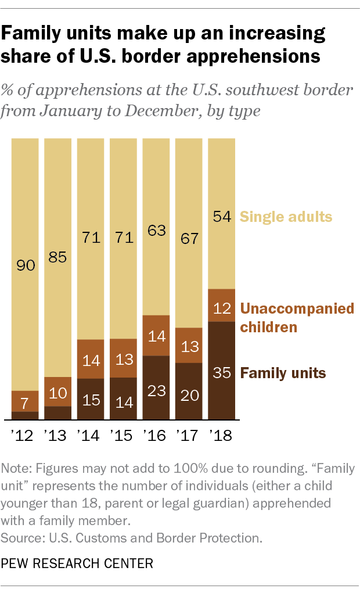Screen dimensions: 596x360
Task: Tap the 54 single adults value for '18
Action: point(221,217)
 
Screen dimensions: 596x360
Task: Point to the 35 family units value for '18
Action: point(221,372)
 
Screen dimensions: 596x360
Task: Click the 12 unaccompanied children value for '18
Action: point(221,308)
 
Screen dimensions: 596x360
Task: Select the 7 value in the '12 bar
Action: point(24,402)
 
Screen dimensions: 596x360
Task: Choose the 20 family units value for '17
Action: point(189,395)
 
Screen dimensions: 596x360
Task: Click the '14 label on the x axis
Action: point(90,436)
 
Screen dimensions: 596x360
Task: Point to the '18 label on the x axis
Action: point(221,436)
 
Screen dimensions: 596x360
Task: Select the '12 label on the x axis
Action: point(24,436)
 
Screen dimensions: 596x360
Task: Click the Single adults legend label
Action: point(286,217)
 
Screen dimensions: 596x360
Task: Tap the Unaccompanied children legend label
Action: point(297,317)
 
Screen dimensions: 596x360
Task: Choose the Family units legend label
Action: point(283,372)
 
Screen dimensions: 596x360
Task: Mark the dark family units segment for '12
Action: point(24,415)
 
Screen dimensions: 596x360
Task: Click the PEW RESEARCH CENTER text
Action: point(77,563)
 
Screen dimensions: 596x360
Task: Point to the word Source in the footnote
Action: point(19,538)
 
